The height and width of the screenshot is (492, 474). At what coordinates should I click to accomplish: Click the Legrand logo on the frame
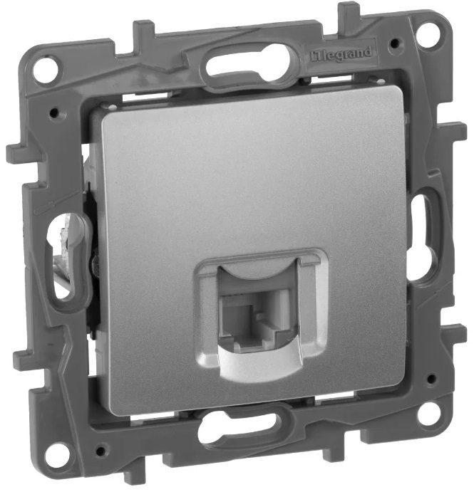(341, 54)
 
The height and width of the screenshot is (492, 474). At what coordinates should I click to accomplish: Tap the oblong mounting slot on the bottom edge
(239, 427)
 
